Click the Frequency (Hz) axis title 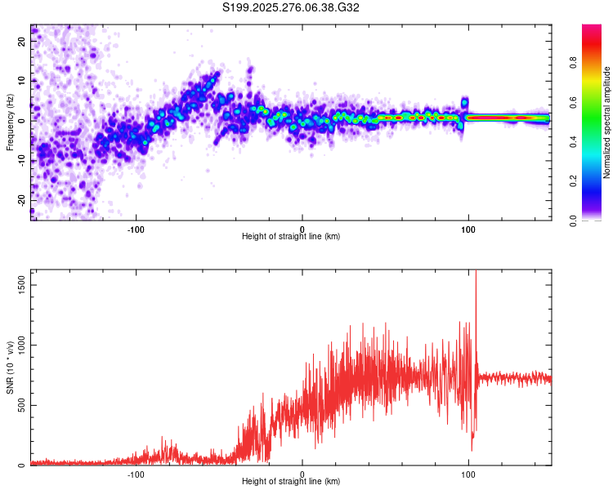pos(10,122)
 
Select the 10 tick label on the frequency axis pos(22,80)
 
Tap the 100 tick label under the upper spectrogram pos(468,228)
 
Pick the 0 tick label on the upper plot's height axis pos(302,228)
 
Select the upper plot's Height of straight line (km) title pos(291,237)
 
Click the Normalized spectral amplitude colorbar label pos(607,122)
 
